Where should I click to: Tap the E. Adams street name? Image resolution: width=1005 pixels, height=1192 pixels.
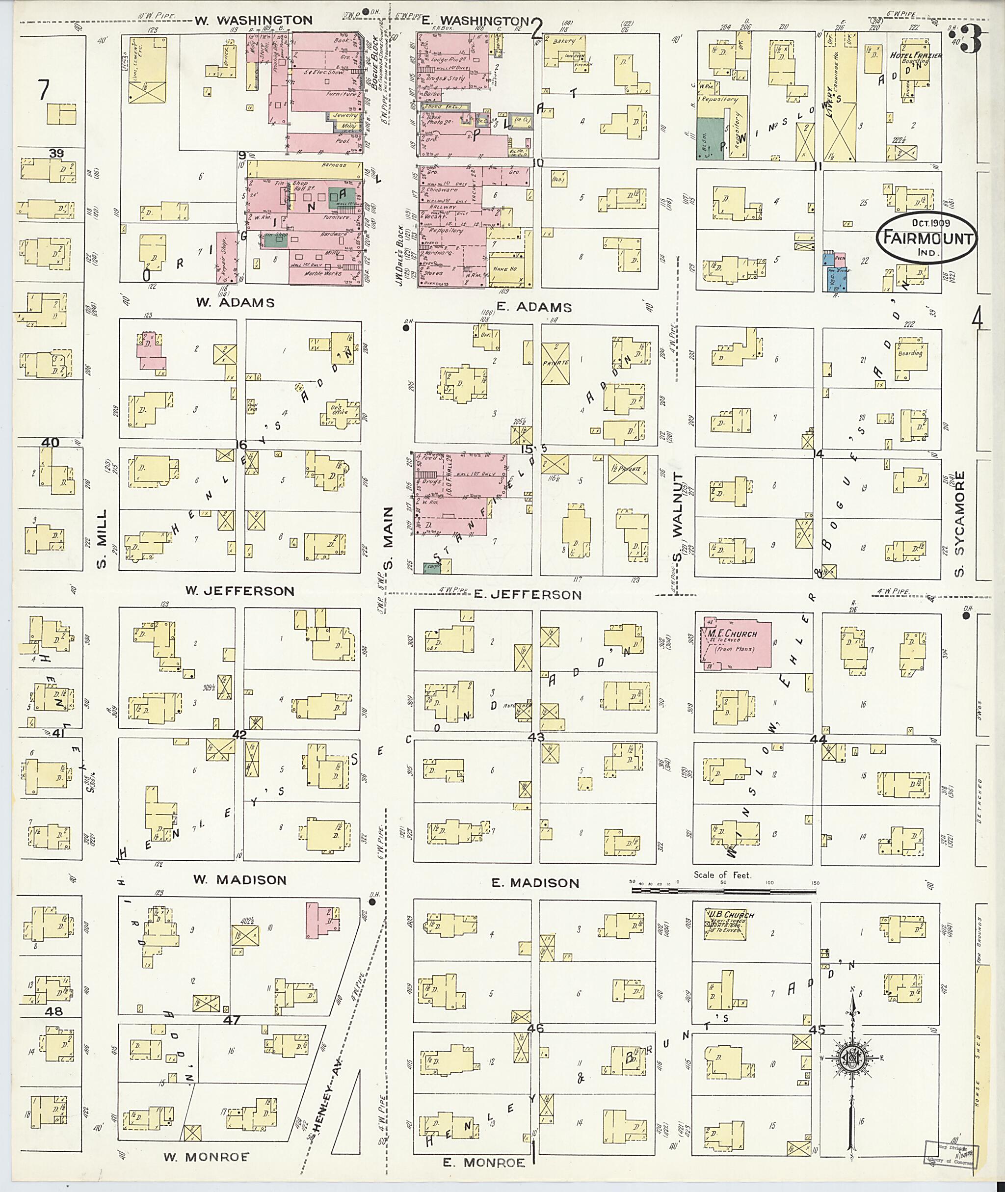pyautogui.click(x=534, y=307)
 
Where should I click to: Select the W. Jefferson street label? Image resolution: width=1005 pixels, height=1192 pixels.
pyautogui.click(x=239, y=591)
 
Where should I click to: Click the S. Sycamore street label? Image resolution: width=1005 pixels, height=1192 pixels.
pyautogui.click(x=960, y=523)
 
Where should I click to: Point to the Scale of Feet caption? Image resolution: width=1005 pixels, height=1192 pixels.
pyautogui.click(x=722, y=874)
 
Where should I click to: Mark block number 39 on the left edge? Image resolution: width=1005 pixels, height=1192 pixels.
pyautogui.click(x=56, y=153)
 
